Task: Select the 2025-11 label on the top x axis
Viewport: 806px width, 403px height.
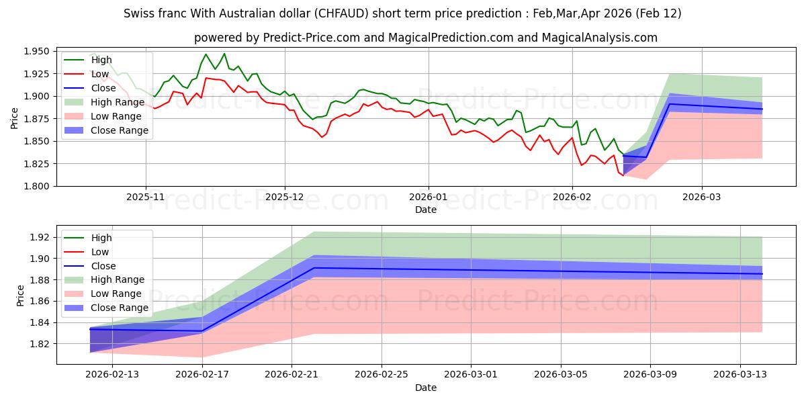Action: [145, 198]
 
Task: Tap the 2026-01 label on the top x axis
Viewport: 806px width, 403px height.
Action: [428, 198]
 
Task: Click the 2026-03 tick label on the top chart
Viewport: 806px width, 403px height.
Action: [702, 198]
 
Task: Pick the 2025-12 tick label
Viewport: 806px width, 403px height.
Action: [285, 198]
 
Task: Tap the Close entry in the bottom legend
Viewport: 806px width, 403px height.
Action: [102, 266]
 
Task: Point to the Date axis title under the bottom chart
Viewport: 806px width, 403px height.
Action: [425, 388]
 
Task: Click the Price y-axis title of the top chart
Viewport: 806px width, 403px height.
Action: [15, 119]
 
